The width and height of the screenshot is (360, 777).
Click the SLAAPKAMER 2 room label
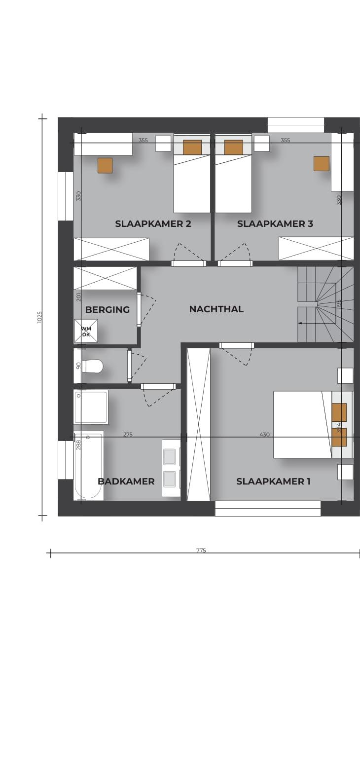[x=153, y=224]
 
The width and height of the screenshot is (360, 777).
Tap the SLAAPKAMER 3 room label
[x=275, y=224]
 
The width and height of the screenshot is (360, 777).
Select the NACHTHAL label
[x=216, y=309]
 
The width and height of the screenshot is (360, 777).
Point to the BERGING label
[x=108, y=309]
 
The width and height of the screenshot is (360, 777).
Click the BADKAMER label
[x=126, y=481]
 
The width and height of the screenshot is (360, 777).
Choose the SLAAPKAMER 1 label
[x=273, y=481]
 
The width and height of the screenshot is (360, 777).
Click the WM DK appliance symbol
[x=86, y=331]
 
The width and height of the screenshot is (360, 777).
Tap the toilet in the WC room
[x=92, y=366]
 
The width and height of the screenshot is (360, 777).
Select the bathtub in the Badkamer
[x=89, y=466]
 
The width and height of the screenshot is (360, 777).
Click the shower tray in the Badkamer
[x=91, y=407]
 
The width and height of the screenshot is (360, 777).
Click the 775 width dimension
[x=201, y=550]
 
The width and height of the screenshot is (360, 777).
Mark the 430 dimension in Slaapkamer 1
[x=265, y=434]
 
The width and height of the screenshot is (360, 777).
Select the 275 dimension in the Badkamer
[x=128, y=434]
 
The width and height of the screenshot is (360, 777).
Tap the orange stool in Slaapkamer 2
[x=105, y=165]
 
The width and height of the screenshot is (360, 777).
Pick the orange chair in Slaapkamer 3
[x=322, y=163]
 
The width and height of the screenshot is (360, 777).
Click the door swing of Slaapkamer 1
[x=236, y=356]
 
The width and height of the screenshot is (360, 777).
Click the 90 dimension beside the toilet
[x=78, y=366]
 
